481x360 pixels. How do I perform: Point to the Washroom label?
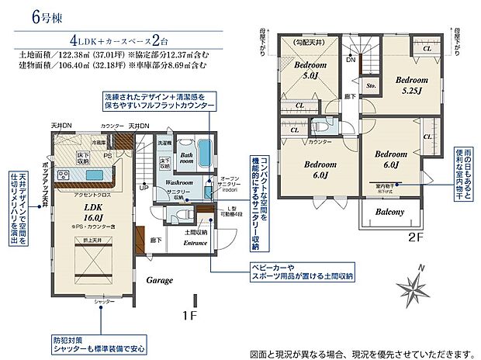pyautogui.click(x=179, y=182)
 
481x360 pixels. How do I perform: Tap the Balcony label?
pyautogui.click(x=390, y=212)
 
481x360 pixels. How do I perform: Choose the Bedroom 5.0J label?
pyautogui.click(x=311, y=71)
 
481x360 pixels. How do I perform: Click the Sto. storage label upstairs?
pyautogui.click(x=371, y=86)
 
